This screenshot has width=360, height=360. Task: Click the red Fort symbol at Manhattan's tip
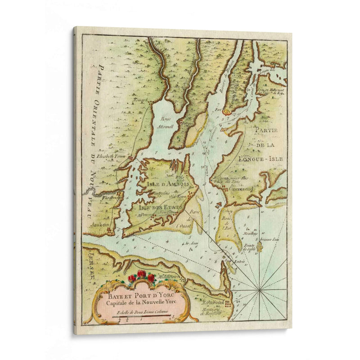click(x=227, y=109)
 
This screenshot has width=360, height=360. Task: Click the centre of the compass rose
click(x=260, y=291)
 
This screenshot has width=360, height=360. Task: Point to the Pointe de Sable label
click(x=249, y=247)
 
